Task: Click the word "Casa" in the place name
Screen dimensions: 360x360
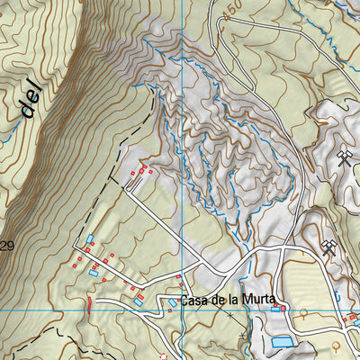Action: pyautogui.click(x=193, y=301)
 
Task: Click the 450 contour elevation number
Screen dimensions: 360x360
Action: pyautogui.click(x=235, y=12)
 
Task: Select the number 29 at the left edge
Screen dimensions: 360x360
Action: pyautogui.click(x=7, y=246)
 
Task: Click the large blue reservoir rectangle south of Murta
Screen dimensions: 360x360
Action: pyautogui.click(x=282, y=341)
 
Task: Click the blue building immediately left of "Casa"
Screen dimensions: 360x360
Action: pyautogui.click(x=172, y=303)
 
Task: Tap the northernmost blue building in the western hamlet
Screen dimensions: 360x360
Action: pyautogui.click(x=90, y=238)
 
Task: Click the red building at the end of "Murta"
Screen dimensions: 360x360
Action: pyautogui.click(x=283, y=308)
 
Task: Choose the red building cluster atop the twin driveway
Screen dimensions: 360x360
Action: pyautogui.click(x=143, y=170)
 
